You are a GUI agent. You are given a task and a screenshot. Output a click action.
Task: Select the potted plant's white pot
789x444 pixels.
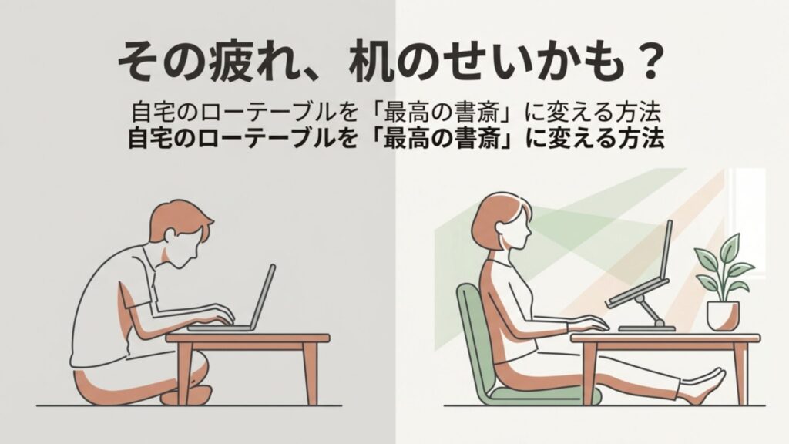coord(722,314)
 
